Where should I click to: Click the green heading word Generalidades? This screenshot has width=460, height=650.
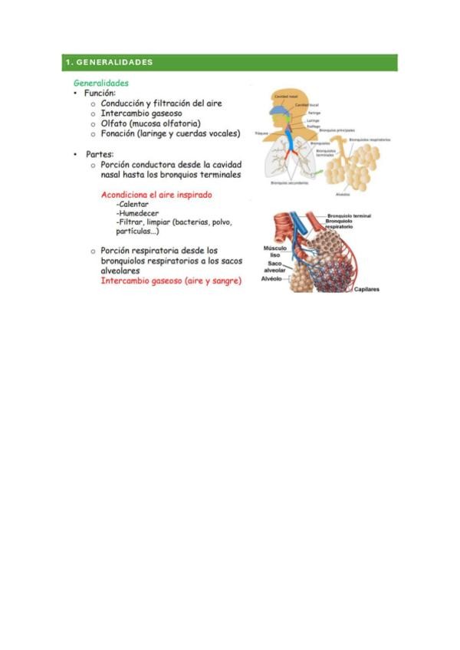pyautogui.click(x=100, y=83)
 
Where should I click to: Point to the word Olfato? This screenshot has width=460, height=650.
pyautogui.click(x=113, y=123)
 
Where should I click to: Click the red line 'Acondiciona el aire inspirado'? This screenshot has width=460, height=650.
pyautogui.click(x=156, y=195)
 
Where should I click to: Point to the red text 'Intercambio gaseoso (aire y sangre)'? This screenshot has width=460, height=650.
pyautogui.click(x=171, y=281)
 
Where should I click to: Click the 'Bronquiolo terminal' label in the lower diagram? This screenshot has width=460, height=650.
pyautogui.click(x=349, y=217)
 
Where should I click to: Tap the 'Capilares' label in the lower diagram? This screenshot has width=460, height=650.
pyautogui.click(x=366, y=290)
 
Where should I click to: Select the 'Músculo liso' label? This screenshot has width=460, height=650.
pyautogui.click(x=274, y=252)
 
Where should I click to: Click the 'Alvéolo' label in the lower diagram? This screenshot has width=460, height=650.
pyautogui.click(x=272, y=279)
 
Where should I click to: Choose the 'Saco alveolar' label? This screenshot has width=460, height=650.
pyautogui.click(x=274, y=268)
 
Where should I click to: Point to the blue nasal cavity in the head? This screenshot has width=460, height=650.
pyautogui.click(x=284, y=108)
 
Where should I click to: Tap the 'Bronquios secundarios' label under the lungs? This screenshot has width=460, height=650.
pyautogui.click(x=289, y=183)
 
